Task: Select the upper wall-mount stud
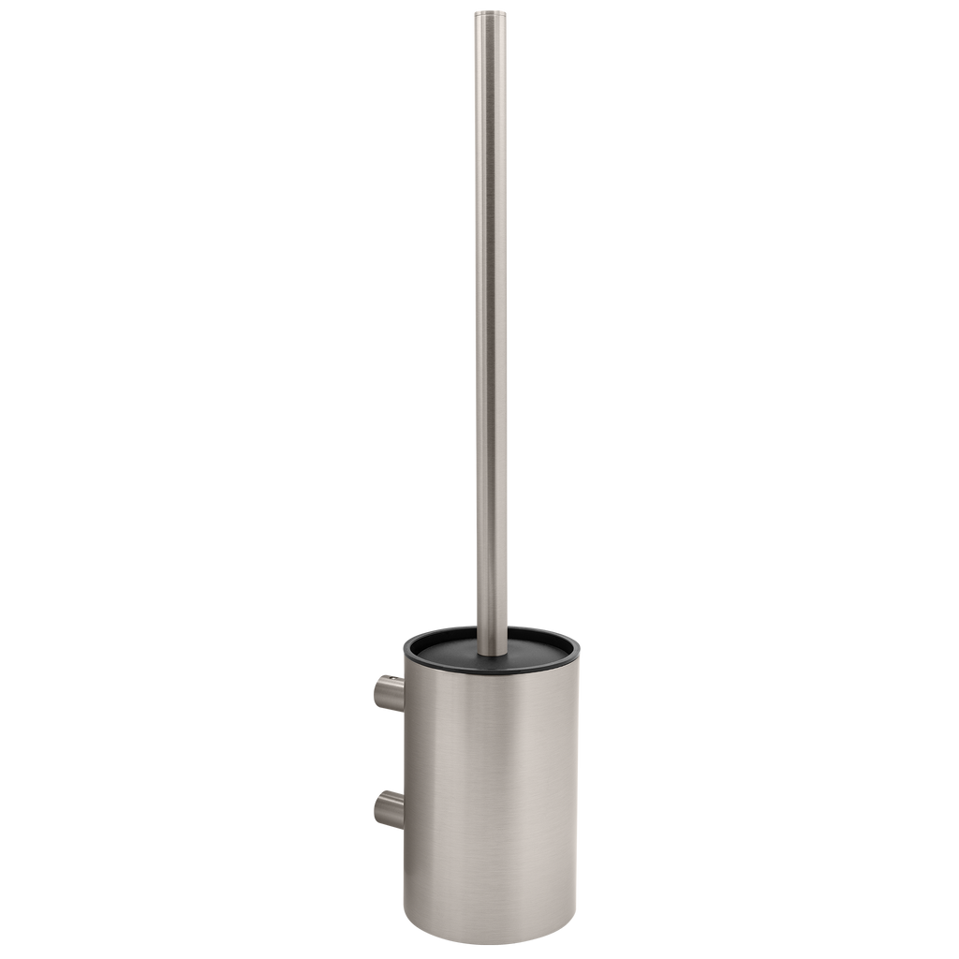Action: pyautogui.click(x=389, y=692)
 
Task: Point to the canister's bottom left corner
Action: pyautogui.click(x=406, y=941)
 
